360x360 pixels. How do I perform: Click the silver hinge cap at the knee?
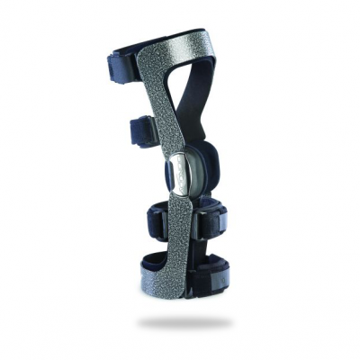click(179, 172)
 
